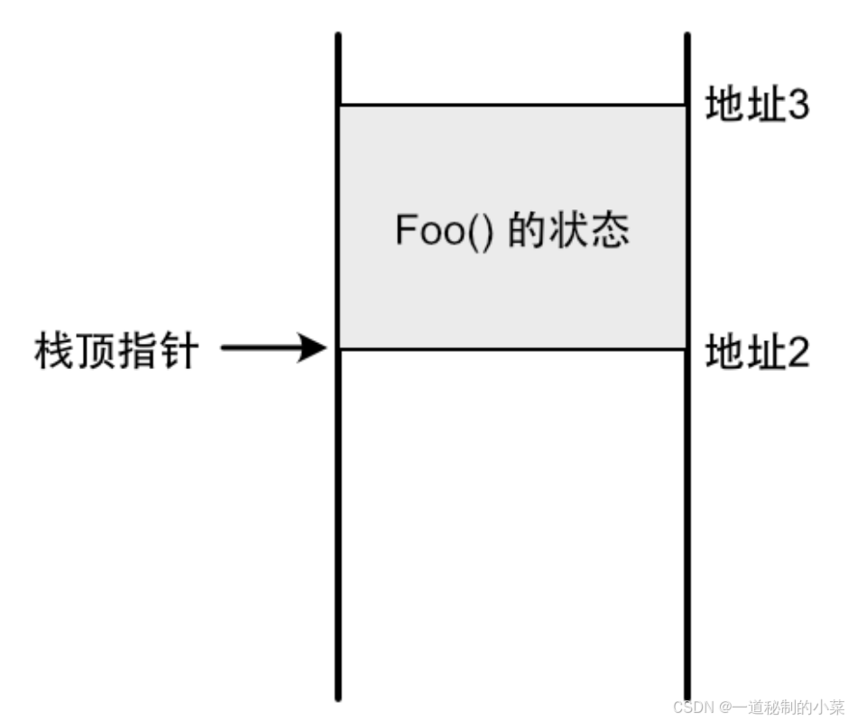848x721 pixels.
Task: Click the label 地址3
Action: point(756,106)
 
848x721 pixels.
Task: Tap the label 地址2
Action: point(756,352)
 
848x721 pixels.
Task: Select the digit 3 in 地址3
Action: point(797,106)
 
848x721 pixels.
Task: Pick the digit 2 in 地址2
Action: point(797,352)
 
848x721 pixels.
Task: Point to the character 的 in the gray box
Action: point(524,231)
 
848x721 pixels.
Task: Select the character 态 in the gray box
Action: point(607,231)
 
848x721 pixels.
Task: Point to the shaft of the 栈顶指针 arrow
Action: point(262,347)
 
